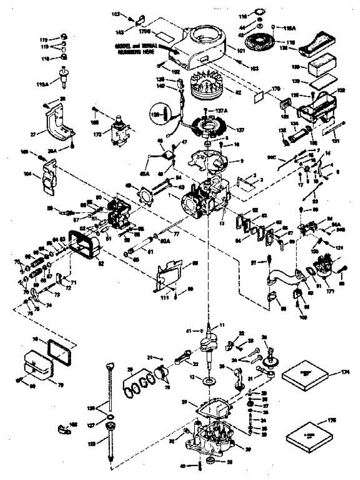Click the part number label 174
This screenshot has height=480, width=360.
(x=346, y=372)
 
